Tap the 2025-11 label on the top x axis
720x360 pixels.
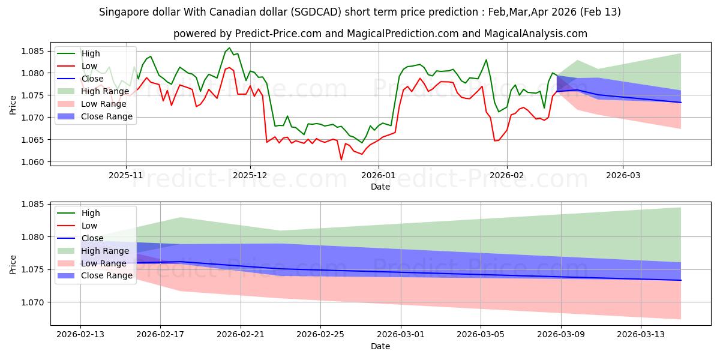tap(126, 175)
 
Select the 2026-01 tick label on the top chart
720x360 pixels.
tap(378, 175)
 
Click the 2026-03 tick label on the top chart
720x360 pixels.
tap(622, 175)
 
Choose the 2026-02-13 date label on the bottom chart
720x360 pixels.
tap(80, 335)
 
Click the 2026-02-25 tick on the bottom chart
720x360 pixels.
tap(321, 335)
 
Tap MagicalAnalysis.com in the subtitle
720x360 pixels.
tap(538, 34)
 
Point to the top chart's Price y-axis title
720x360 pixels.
tap(13, 104)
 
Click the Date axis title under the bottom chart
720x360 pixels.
tap(380, 346)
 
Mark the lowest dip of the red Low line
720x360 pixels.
tap(341, 160)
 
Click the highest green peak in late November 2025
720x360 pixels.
tap(229, 48)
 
